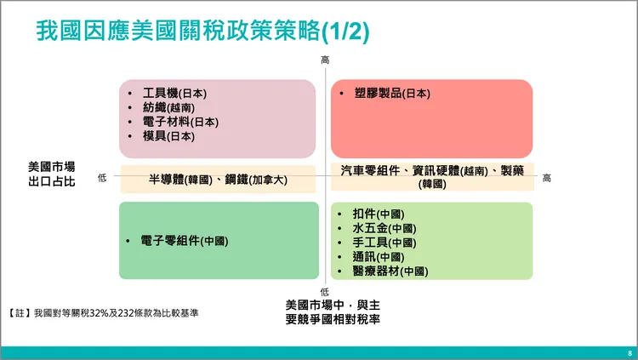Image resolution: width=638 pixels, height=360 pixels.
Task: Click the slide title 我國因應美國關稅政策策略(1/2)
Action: pos(202,31)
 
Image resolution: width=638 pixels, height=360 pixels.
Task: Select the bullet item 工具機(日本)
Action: pos(175,94)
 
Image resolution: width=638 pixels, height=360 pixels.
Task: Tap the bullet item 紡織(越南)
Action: pos(168,108)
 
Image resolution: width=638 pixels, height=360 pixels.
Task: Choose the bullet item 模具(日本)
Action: pos(168,136)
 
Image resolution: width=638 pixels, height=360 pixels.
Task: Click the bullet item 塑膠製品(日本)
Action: pos(392,94)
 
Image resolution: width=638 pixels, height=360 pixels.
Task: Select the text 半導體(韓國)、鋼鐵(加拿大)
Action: pos(219,180)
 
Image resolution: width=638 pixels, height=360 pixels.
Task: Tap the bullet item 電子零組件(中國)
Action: pos(185,241)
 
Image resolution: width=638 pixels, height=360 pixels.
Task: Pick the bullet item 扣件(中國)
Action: pos(378,214)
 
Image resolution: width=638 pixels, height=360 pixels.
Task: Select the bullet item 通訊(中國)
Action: pos(378,257)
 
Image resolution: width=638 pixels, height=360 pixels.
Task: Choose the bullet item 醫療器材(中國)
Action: pos(390,271)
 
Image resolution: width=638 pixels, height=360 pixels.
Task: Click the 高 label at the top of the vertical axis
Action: pos(325,60)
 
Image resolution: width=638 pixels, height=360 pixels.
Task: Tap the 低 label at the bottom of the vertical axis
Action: pos(325,292)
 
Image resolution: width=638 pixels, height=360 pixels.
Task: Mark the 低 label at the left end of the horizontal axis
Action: pos(102,178)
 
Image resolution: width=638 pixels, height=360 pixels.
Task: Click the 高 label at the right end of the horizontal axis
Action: pos(546,178)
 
